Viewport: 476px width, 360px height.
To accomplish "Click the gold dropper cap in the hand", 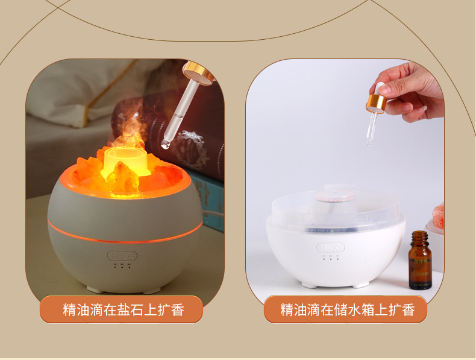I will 376,103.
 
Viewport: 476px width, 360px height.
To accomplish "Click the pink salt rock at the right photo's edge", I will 438,217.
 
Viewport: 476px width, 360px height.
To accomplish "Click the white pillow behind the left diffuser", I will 72,90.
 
